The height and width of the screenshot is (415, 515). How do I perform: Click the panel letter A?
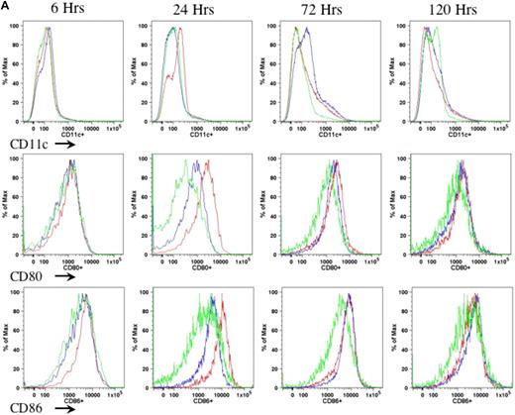click(7, 6)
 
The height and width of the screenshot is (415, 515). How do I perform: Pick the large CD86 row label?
click(26, 393)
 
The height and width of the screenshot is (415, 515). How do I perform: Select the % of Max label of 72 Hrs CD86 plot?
click(264, 332)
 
